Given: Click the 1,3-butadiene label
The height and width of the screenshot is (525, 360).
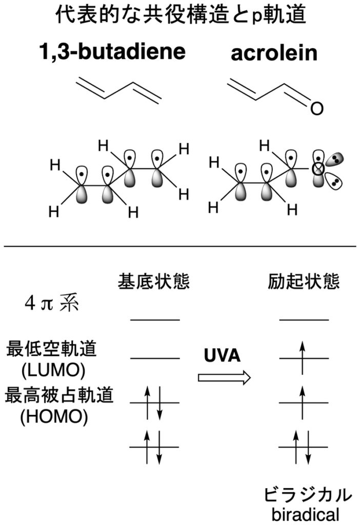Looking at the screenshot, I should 112,53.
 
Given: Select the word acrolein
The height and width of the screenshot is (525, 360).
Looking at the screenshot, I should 274,53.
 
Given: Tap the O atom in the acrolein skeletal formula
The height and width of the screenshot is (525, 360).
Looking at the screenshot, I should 317,109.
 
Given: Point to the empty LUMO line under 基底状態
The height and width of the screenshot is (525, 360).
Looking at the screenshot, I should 155,358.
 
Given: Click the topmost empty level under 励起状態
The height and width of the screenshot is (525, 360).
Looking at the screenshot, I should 304,320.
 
